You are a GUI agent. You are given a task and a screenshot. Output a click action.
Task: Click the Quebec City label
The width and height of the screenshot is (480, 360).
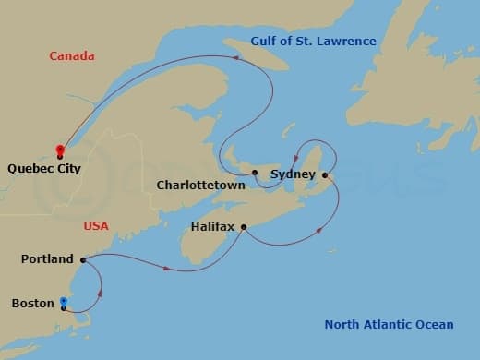tap(43, 169)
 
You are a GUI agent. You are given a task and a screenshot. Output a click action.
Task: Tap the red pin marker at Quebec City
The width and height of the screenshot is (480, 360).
tap(59, 150)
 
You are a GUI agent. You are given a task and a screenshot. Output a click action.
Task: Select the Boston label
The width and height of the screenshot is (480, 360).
tap(32, 303)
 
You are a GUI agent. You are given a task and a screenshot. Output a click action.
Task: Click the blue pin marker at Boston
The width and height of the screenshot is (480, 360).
tap(63, 301)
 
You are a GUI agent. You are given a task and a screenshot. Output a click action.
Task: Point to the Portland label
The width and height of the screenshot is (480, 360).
tap(46, 259)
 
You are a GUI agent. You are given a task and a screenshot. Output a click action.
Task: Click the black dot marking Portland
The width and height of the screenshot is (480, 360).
tap(82, 259)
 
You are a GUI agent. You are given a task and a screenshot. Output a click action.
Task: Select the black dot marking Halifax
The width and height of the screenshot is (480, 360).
tap(244, 226)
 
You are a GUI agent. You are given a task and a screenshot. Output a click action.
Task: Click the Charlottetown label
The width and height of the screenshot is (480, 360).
tap(200, 185)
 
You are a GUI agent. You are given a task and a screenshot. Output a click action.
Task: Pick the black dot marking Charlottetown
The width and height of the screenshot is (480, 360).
tap(254, 173)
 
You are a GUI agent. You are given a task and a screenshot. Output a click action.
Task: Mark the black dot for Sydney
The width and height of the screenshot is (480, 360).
tap(325, 174)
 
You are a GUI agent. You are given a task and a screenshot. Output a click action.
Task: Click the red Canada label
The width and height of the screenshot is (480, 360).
tap(73, 56)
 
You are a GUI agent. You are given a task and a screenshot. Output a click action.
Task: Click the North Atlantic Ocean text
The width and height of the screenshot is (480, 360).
tap(389, 324)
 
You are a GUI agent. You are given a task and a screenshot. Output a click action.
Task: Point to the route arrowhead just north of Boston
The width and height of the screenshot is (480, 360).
tap(99, 293)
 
